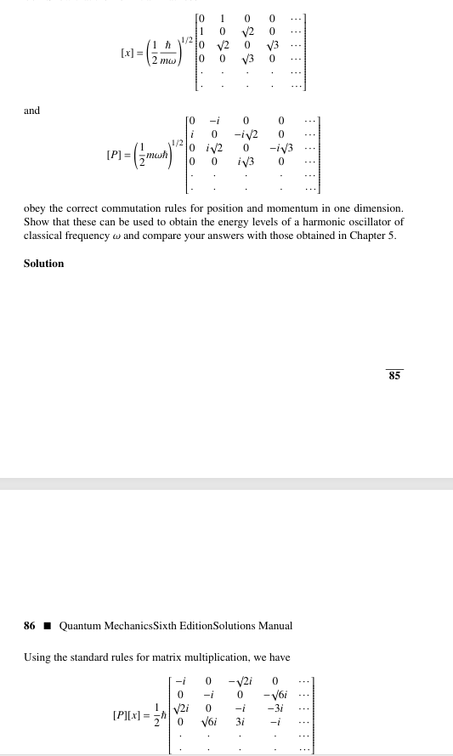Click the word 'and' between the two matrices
[x=31, y=111]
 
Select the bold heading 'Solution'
[x=43, y=264]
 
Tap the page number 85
[x=394, y=374]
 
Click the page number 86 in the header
[x=30, y=626]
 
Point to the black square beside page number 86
[x=48, y=626]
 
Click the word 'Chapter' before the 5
[x=365, y=235]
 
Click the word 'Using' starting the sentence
[x=37, y=657]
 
